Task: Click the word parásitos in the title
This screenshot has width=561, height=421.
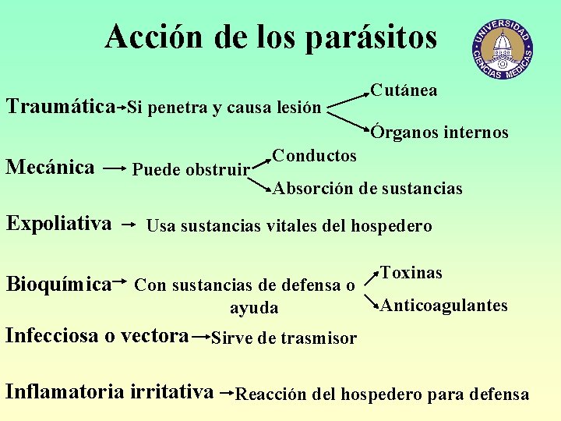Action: click(x=371, y=37)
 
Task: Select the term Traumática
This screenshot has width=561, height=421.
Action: click(x=61, y=105)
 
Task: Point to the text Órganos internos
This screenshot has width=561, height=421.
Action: click(x=439, y=133)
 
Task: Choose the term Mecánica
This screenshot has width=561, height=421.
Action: click(x=51, y=167)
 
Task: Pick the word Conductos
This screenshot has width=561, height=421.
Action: click(x=315, y=155)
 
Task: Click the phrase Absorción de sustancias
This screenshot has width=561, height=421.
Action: click(x=367, y=188)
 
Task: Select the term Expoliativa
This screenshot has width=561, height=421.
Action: click(x=59, y=224)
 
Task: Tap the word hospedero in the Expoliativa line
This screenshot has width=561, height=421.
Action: click(x=390, y=226)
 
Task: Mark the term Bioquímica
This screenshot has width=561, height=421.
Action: click(x=58, y=284)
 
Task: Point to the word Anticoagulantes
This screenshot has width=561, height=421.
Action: click(x=443, y=306)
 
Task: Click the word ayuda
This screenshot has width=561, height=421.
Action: click(x=254, y=308)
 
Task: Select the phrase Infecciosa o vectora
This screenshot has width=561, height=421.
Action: click(x=97, y=335)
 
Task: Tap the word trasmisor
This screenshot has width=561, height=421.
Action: click(x=319, y=338)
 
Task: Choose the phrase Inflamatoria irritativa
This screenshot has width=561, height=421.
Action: click(x=109, y=391)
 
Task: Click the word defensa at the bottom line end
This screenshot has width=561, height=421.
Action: click(x=498, y=394)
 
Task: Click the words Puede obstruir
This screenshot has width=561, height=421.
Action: click(x=191, y=169)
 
